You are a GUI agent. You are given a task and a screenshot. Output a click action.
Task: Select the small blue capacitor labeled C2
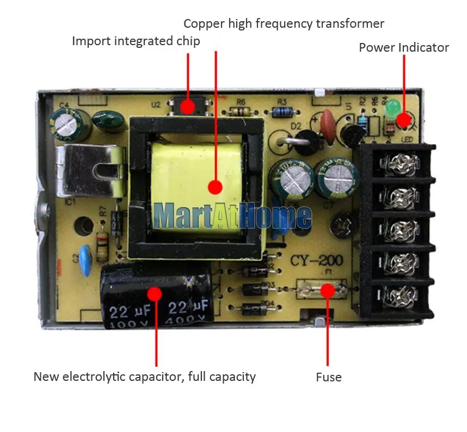pyautogui.click(x=85, y=254)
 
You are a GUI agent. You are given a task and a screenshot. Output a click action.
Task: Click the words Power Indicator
pyautogui.click(x=403, y=48)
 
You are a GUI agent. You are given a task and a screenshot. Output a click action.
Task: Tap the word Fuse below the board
pyautogui.click(x=329, y=377)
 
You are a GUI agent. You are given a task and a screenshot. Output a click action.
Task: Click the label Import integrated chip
pyautogui.click(x=136, y=41)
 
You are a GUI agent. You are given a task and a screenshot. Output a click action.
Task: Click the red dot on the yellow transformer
pyautogui.click(x=216, y=187)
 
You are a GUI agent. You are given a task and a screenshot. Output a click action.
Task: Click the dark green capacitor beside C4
pyautogui.click(x=107, y=121)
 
